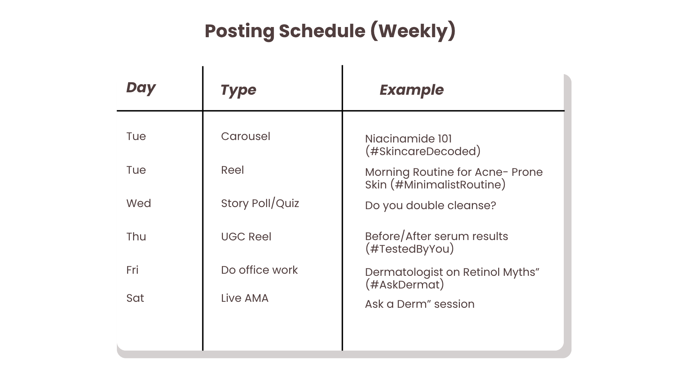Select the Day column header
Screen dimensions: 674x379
point(141,88)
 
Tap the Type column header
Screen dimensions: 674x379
point(238,90)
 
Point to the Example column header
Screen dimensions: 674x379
point(411,90)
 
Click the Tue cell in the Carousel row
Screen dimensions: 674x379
point(136,136)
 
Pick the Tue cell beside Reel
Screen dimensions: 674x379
point(136,170)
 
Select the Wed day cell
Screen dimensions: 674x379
point(139,203)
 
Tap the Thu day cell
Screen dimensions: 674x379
point(136,237)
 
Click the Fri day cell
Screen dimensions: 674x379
point(132,270)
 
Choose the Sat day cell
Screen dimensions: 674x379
point(135,298)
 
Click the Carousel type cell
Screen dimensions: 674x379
point(246,136)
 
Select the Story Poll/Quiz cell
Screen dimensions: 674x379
point(260,204)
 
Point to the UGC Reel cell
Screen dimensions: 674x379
point(246,237)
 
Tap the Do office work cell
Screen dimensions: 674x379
point(259,270)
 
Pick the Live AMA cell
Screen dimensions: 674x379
point(245,298)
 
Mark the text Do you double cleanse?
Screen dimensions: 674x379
point(430,206)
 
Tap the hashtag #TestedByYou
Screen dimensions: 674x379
point(410,249)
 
